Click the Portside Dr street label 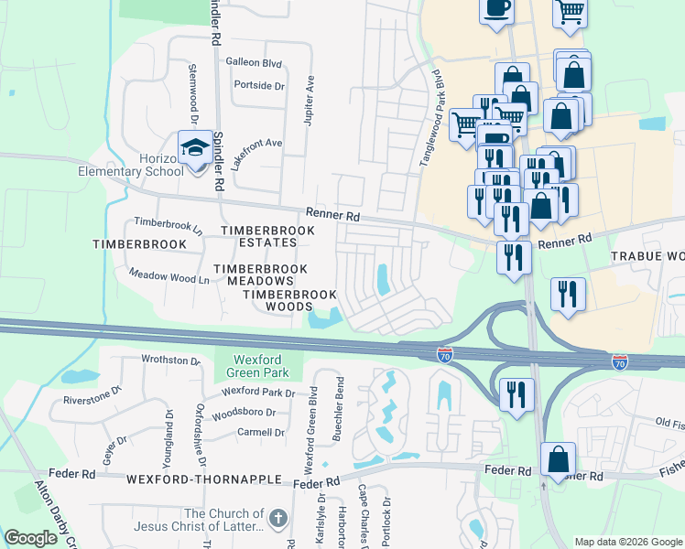pos(259,85)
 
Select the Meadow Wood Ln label pos(169,274)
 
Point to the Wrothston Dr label pos(171,361)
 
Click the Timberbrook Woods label pos(289,301)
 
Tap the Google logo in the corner pos(31,538)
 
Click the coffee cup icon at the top pos(496,9)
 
